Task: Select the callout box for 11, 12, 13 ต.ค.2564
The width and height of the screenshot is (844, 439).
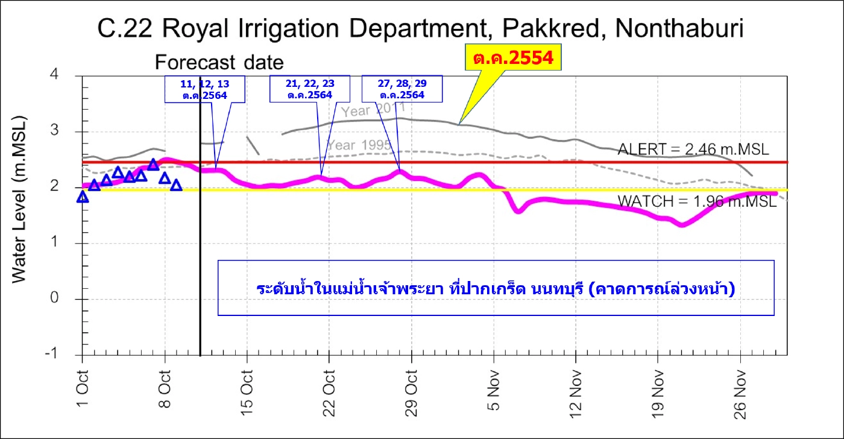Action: (205, 89)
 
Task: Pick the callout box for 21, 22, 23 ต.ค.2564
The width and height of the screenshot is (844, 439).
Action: (310, 89)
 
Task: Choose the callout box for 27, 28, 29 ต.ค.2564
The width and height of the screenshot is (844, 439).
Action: (402, 89)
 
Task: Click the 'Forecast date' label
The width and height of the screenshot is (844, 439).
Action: (219, 63)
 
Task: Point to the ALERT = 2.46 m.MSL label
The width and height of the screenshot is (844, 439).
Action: (693, 150)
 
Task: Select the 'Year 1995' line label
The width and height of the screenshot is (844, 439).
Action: (359, 145)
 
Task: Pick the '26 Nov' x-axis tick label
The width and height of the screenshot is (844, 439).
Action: (742, 388)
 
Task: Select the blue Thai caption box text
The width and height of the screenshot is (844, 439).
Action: (495, 288)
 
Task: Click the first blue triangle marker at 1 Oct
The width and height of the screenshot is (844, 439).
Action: (83, 197)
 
